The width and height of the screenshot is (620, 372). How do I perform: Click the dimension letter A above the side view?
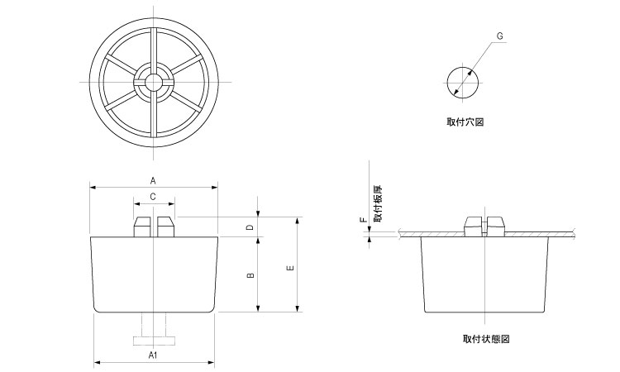tap(153, 179)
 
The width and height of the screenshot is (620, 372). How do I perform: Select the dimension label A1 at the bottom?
tap(153, 355)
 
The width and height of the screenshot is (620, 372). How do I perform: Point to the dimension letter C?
tap(153, 197)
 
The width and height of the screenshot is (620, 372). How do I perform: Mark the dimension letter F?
tap(361, 222)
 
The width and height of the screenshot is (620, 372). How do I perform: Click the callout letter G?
tap(501, 36)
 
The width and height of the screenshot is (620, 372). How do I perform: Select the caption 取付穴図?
tap(465, 122)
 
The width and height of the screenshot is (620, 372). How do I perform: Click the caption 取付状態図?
tap(486, 339)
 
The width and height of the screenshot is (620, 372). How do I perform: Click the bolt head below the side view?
tap(154, 340)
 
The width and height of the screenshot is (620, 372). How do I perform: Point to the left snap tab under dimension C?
tap(141, 227)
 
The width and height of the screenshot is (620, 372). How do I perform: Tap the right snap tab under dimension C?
tap(167, 227)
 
